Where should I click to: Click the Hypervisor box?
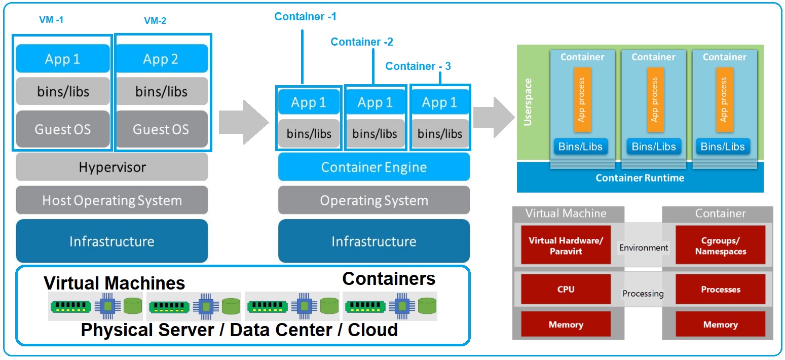[x=112, y=167]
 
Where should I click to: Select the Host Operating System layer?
[x=112, y=200]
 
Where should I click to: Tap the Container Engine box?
[x=373, y=167]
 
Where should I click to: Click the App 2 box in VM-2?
[x=161, y=59]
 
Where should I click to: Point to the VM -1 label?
[x=51, y=20]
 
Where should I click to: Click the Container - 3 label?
[x=418, y=66]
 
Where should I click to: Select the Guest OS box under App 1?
[x=63, y=129]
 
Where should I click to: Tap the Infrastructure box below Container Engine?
[x=373, y=241]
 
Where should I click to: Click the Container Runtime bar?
[x=640, y=178]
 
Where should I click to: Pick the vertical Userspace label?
[x=528, y=102]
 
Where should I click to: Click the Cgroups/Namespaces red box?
[x=720, y=245]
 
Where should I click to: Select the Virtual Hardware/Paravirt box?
[x=566, y=245]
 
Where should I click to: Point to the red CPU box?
[x=566, y=290]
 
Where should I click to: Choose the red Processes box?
[x=720, y=290]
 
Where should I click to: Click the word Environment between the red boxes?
[x=644, y=248]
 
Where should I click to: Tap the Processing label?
[x=643, y=294]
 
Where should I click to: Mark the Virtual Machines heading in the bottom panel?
[x=114, y=283]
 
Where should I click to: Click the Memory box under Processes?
[x=720, y=325]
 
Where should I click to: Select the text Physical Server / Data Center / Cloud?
[x=239, y=330]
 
